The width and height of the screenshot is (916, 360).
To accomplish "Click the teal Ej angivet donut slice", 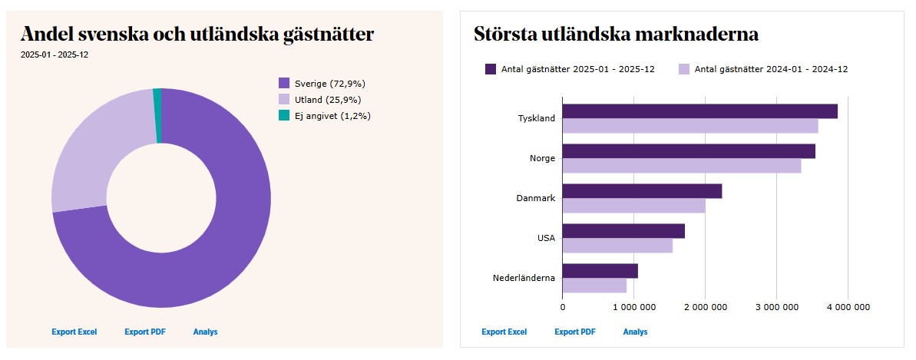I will click(157, 115).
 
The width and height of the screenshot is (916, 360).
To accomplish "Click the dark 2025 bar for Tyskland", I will click(699, 111).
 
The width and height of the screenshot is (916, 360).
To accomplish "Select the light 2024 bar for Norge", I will click(681, 166).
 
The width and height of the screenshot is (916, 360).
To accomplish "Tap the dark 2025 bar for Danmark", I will click(642, 191).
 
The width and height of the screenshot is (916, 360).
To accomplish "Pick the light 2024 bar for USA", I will click(617, 246).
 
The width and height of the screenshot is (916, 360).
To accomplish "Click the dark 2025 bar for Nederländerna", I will click(600, 271).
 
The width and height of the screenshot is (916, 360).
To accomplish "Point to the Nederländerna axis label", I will click(524, 278).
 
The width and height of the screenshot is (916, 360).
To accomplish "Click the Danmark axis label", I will click(535, 198).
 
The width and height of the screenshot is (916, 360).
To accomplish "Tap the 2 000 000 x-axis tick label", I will click(705, 307).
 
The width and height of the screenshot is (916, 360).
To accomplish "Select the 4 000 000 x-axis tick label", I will click(848, 307).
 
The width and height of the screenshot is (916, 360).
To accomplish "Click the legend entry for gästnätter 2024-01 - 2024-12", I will click(763, 69).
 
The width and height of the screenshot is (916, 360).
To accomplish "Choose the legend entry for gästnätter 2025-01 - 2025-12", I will click(570, 69).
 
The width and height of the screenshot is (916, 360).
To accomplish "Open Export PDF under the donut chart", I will click(145, 332).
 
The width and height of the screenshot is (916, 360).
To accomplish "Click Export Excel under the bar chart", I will click(504, 332).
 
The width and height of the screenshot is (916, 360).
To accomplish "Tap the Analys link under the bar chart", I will click(635, 332).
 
